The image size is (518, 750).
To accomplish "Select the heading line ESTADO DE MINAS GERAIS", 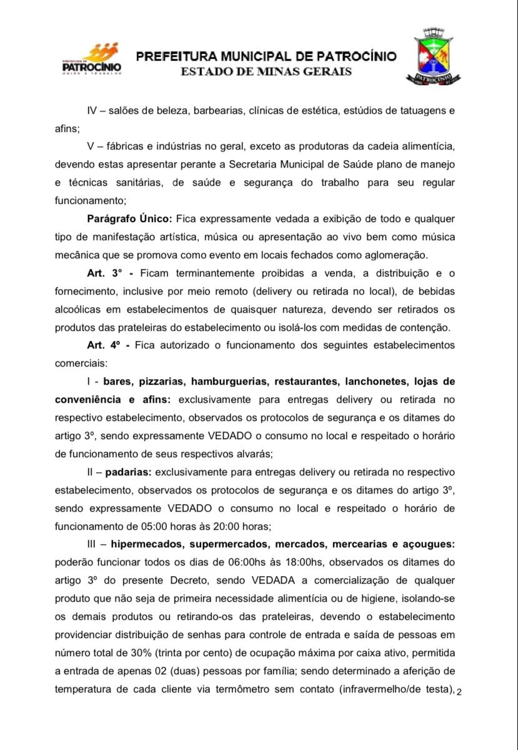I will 266,71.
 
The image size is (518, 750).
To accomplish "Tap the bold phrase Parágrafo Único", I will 130,219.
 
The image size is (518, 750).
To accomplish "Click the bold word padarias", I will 128,472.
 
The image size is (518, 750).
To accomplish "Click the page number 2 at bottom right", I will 459,692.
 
